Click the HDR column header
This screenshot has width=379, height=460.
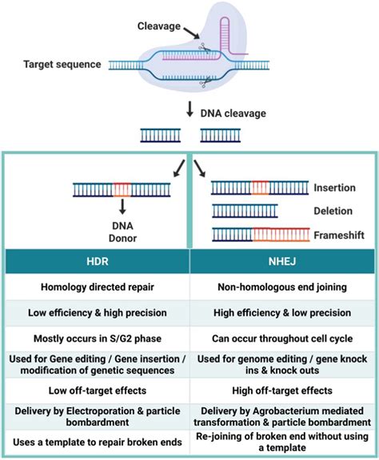[x=96, y=260]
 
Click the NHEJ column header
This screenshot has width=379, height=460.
[x=283, y=260]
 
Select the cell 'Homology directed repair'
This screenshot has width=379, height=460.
[x=96, y=286]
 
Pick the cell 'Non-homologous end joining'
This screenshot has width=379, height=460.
[x=283, y=286]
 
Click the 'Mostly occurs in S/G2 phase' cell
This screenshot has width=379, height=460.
[x=96, y=338]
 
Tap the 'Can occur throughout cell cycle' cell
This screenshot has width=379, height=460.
[x=283, y=338]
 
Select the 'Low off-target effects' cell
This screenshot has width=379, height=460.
[x=96, y=390]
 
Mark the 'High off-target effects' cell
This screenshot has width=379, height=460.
[x=283, y=390]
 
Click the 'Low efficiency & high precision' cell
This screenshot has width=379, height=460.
[x=96, y=311]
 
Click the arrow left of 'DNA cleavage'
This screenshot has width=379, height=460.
[x=189, y=111]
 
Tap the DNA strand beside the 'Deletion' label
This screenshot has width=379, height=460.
[x=245, y=211]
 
